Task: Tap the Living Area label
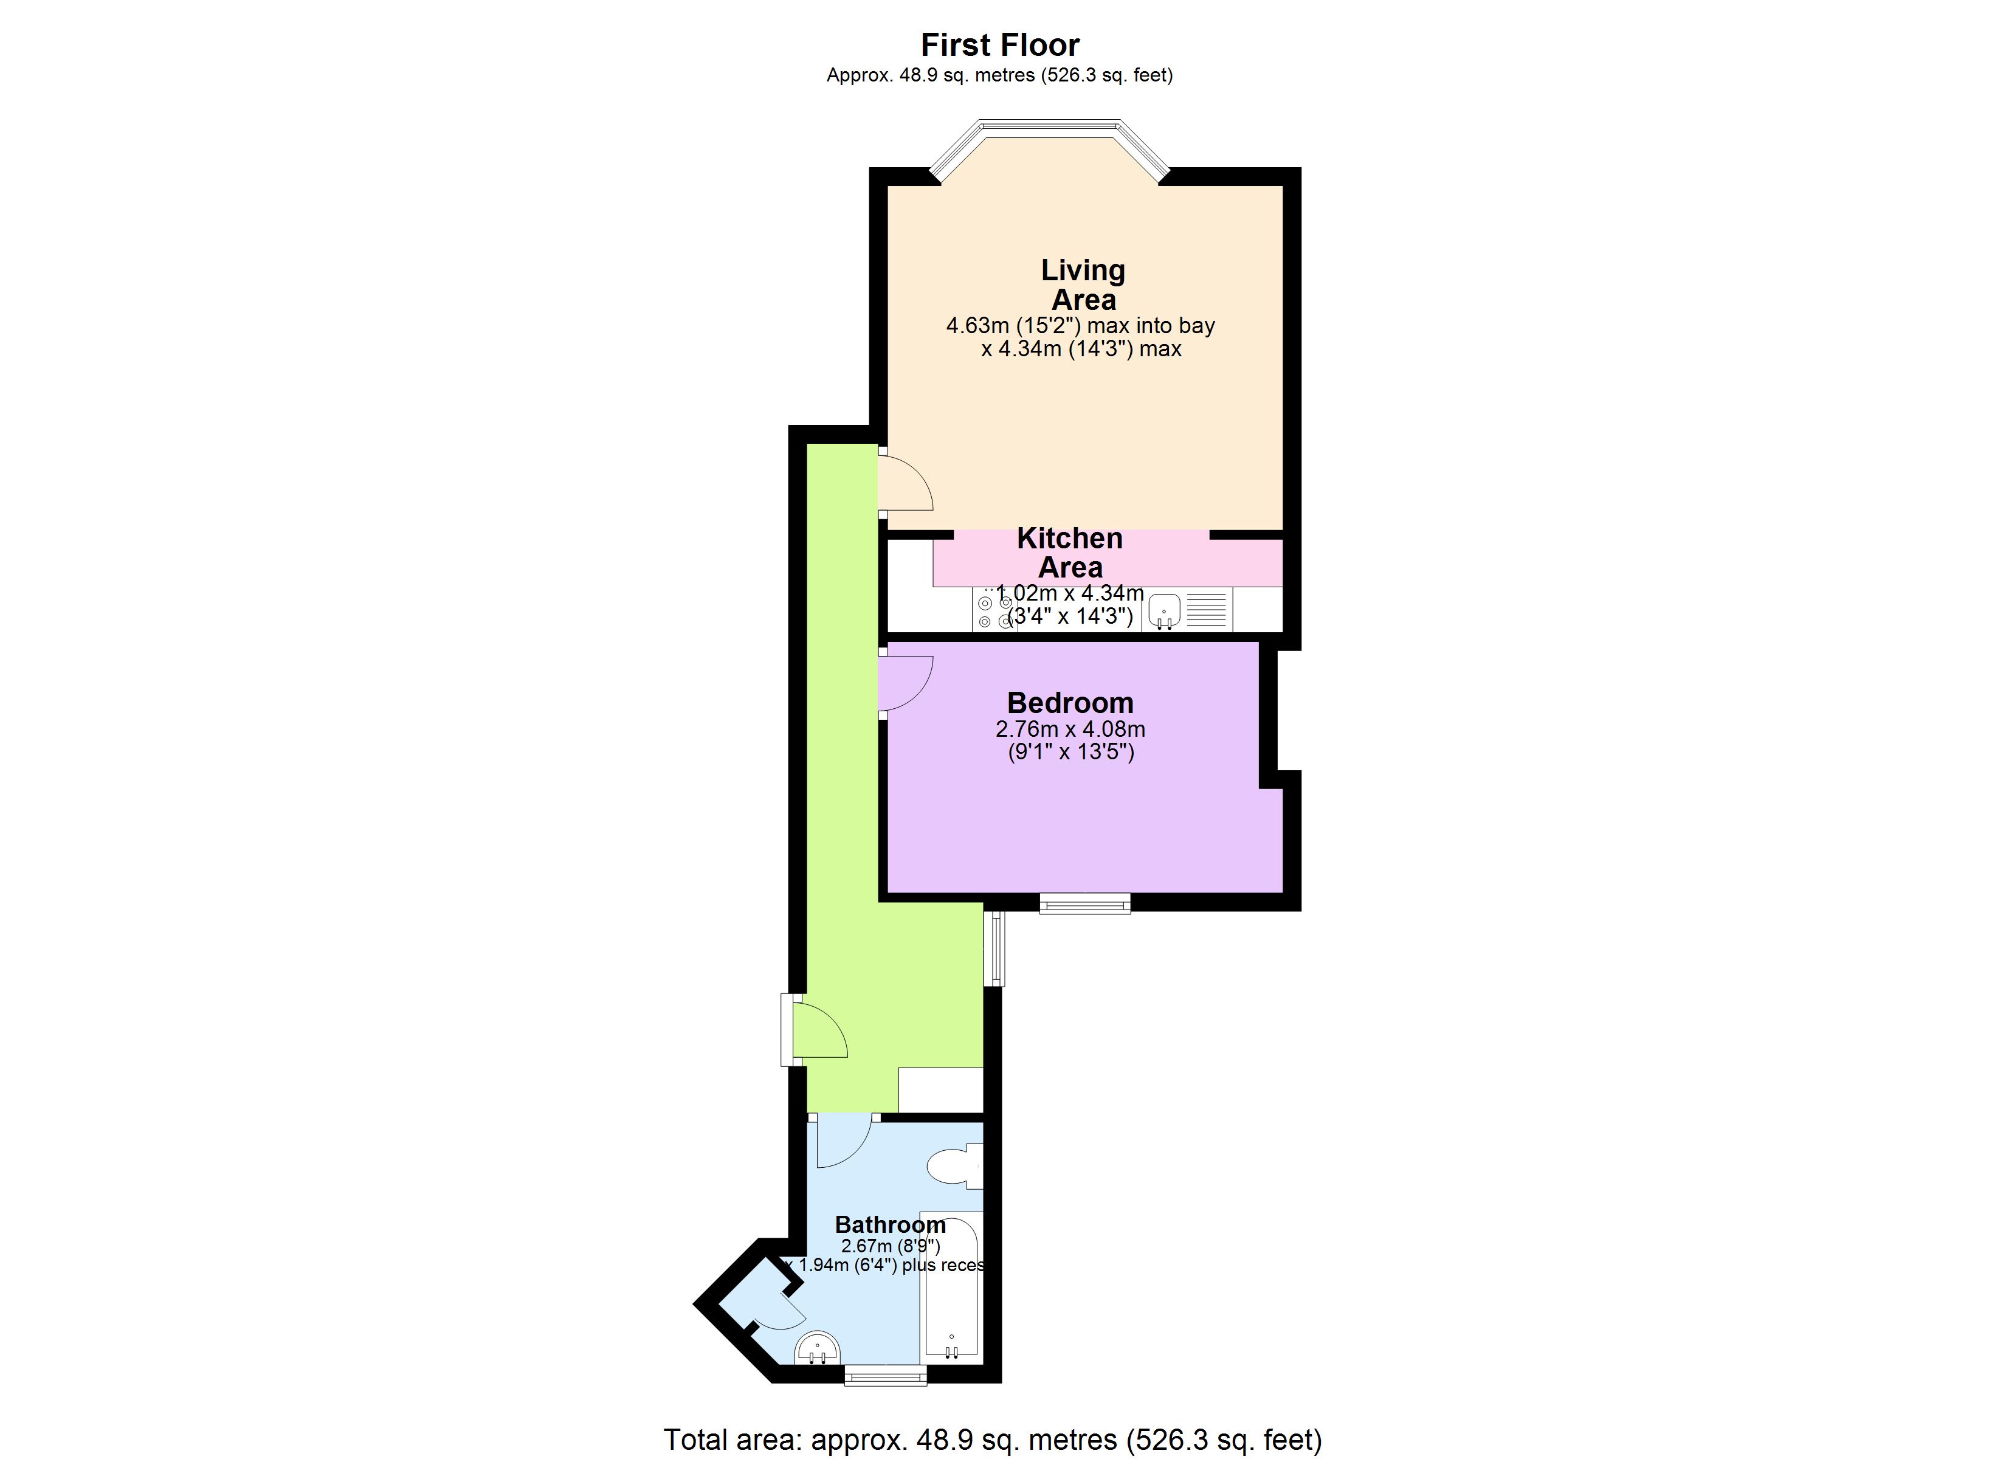tap(1083, 285)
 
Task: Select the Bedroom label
tap(1070, 703)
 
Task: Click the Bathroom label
tap(890, 1224)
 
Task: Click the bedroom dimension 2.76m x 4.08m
tap(1070, 729)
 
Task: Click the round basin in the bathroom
tap(816, 1348)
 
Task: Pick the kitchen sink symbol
tap(1164, 610)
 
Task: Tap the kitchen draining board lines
tap(1205, 609)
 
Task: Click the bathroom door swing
tap(843, 1142)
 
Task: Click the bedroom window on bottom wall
tap(1084, 903)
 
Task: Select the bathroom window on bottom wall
tap(885, 1375)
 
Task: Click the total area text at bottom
tap(993, 1440)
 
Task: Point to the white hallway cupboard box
tap(940, 1089)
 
